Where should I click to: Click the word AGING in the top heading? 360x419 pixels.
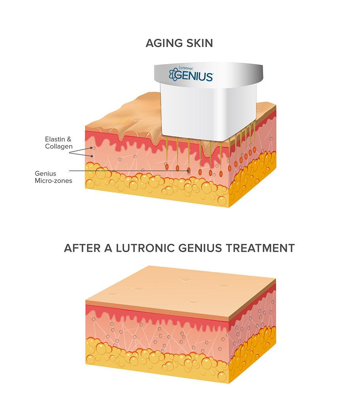164,43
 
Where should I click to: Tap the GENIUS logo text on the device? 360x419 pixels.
194,76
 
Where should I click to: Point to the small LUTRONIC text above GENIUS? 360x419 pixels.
186,68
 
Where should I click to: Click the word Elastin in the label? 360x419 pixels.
55,139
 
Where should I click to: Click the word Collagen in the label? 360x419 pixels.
59,146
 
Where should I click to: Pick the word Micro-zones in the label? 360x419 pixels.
53,181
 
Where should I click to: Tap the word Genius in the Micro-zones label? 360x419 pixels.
45,174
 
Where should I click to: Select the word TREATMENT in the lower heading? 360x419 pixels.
260,248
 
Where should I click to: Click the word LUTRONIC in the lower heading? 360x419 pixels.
145,248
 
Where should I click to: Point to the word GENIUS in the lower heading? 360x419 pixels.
200,248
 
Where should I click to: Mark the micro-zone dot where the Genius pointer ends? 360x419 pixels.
189,170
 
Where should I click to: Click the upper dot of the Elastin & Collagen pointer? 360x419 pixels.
91,148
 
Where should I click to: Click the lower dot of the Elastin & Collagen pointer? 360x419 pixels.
92,156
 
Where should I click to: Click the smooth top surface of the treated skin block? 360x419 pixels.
181,291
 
